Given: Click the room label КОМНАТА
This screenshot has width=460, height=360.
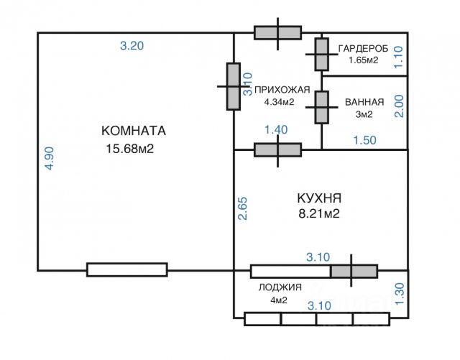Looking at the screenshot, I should pyautogui.click(x=134, y=131).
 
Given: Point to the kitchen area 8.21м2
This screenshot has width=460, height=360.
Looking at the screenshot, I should pyautogui.click(x=318, y=213).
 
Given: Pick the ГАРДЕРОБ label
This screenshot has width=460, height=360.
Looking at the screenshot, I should pyautogui.click(x=363, y=48).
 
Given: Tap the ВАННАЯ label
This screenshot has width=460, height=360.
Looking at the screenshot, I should pyautogui.click(x=364, y=101).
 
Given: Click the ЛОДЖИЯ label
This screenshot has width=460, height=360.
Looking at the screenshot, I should pyautogui.click(x=280, y=287).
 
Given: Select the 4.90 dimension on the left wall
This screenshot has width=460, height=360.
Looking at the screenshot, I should pyautogui.click(x=49, y=158).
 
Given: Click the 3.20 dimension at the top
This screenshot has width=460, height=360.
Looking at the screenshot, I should pyautogui.click(x=132, y=45).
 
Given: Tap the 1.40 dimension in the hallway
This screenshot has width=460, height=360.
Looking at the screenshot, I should pyautogui.click(x=276, y=129).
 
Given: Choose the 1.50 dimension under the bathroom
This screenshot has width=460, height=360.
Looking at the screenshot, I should pyautogui.click(x=365, y=139).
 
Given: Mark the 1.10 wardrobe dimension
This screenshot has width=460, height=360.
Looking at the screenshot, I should pyautogui.click(x=400, y=56).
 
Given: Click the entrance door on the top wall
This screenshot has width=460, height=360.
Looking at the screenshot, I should pyautogui.click(x=277, y=33).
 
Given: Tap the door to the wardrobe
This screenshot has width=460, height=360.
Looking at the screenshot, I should pyautogui.click(x=321, y=54).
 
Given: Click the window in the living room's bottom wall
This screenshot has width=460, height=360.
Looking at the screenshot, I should pyautogui.click(x=127, y=270).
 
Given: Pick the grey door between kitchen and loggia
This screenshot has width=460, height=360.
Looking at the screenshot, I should pyautogui.click(x=353, y=271).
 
